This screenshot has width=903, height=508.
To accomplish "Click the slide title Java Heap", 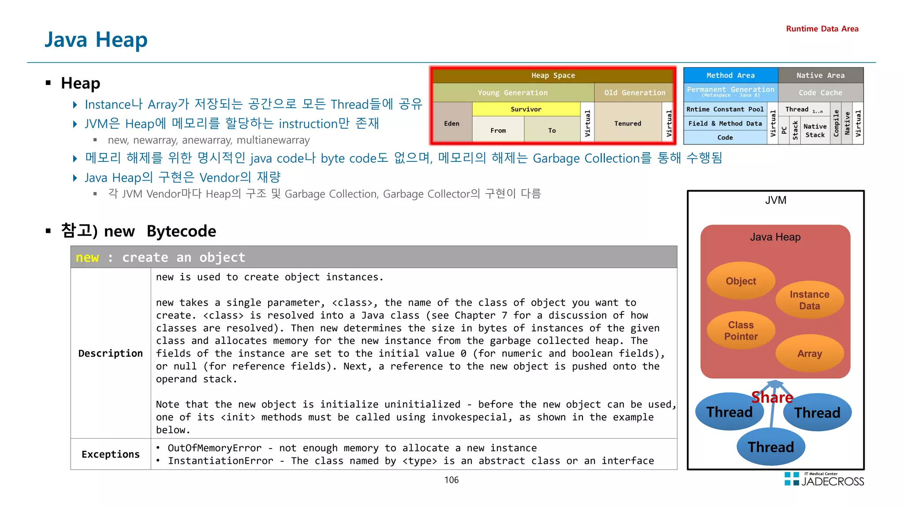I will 96,40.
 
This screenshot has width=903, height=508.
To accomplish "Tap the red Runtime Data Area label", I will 822,29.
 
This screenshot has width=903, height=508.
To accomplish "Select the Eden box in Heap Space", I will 451,123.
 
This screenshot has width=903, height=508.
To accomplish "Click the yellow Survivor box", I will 526,109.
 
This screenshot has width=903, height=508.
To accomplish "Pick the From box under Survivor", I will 498,131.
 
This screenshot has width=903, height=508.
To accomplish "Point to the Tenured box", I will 627,123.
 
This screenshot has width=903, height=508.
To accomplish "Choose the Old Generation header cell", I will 634,93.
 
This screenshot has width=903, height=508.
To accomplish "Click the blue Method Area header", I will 730,75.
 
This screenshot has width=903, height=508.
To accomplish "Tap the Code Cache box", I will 820,93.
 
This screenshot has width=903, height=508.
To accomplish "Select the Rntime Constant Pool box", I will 725,109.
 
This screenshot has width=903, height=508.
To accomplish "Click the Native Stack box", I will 815,131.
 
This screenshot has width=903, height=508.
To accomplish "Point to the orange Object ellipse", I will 741,281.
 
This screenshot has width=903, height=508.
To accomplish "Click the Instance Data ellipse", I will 809,300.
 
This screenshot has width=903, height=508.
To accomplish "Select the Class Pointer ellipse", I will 741,330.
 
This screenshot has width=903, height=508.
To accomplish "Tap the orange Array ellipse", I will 810,353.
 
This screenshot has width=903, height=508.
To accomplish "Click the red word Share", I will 772,397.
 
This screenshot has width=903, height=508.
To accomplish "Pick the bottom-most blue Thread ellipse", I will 771,447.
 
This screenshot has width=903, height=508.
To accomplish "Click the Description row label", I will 110,353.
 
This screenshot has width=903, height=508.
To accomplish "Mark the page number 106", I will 451,480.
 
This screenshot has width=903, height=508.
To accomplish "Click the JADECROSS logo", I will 825,480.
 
